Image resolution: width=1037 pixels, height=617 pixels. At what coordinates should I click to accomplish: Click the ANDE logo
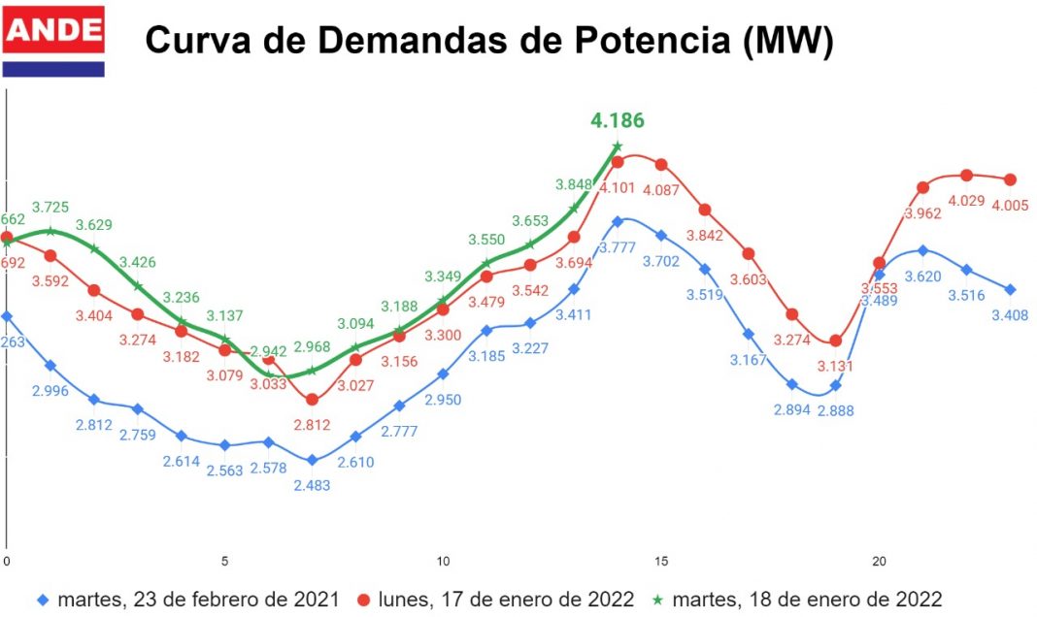click(x=54, y=41)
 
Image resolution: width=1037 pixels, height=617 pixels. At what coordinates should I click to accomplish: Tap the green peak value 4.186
click(x=617, y=121)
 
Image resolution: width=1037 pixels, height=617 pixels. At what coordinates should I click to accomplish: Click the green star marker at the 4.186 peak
click(x=617, y=146)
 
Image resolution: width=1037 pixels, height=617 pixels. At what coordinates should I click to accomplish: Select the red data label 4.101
click(x=617, y=187)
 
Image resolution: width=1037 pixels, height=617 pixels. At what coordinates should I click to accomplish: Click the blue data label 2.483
click(x=312, y=485)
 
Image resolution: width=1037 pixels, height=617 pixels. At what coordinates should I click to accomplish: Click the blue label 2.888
click(x=836, y=410)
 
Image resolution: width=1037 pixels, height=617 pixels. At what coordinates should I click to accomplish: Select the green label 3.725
click(x=50, y=207)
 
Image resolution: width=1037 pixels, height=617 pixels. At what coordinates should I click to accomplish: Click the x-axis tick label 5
click(x=225, y=561)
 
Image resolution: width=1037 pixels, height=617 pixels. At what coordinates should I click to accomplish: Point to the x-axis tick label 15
click(x=661, y=561)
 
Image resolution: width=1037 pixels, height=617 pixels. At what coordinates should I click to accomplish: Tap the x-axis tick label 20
click(x=880, y=561)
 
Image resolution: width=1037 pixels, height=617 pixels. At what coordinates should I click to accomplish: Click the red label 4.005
click(x=1010, y=205)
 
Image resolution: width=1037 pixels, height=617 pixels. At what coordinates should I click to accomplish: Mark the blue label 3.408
click(x=1010, y=314)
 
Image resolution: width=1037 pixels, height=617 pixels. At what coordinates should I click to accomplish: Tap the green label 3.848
click(x=573, y=184)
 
